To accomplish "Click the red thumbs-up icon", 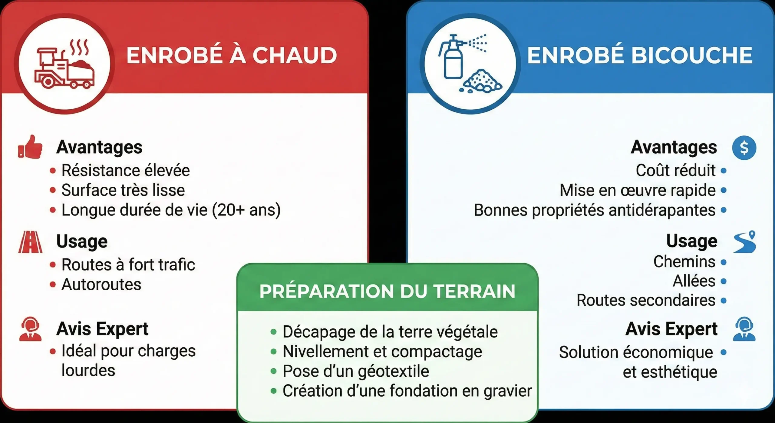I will pos(30,147).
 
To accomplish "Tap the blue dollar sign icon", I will pos(744,148).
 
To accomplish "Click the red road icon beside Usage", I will pos(30,242).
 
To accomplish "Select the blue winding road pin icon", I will pos(744,242).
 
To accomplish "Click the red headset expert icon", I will pos(30,329).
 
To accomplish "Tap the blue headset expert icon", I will pos(744,329).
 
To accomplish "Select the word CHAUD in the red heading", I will pos(295,55).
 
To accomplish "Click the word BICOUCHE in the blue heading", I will pos(692,55).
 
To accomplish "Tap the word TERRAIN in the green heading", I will pos(474,291).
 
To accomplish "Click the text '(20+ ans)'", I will pos(246,210).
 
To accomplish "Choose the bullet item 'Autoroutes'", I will pos(101,285).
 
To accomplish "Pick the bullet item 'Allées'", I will pos(694,281).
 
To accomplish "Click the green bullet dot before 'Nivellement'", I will pos(274,351).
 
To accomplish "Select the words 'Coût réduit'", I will pos(675,170).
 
